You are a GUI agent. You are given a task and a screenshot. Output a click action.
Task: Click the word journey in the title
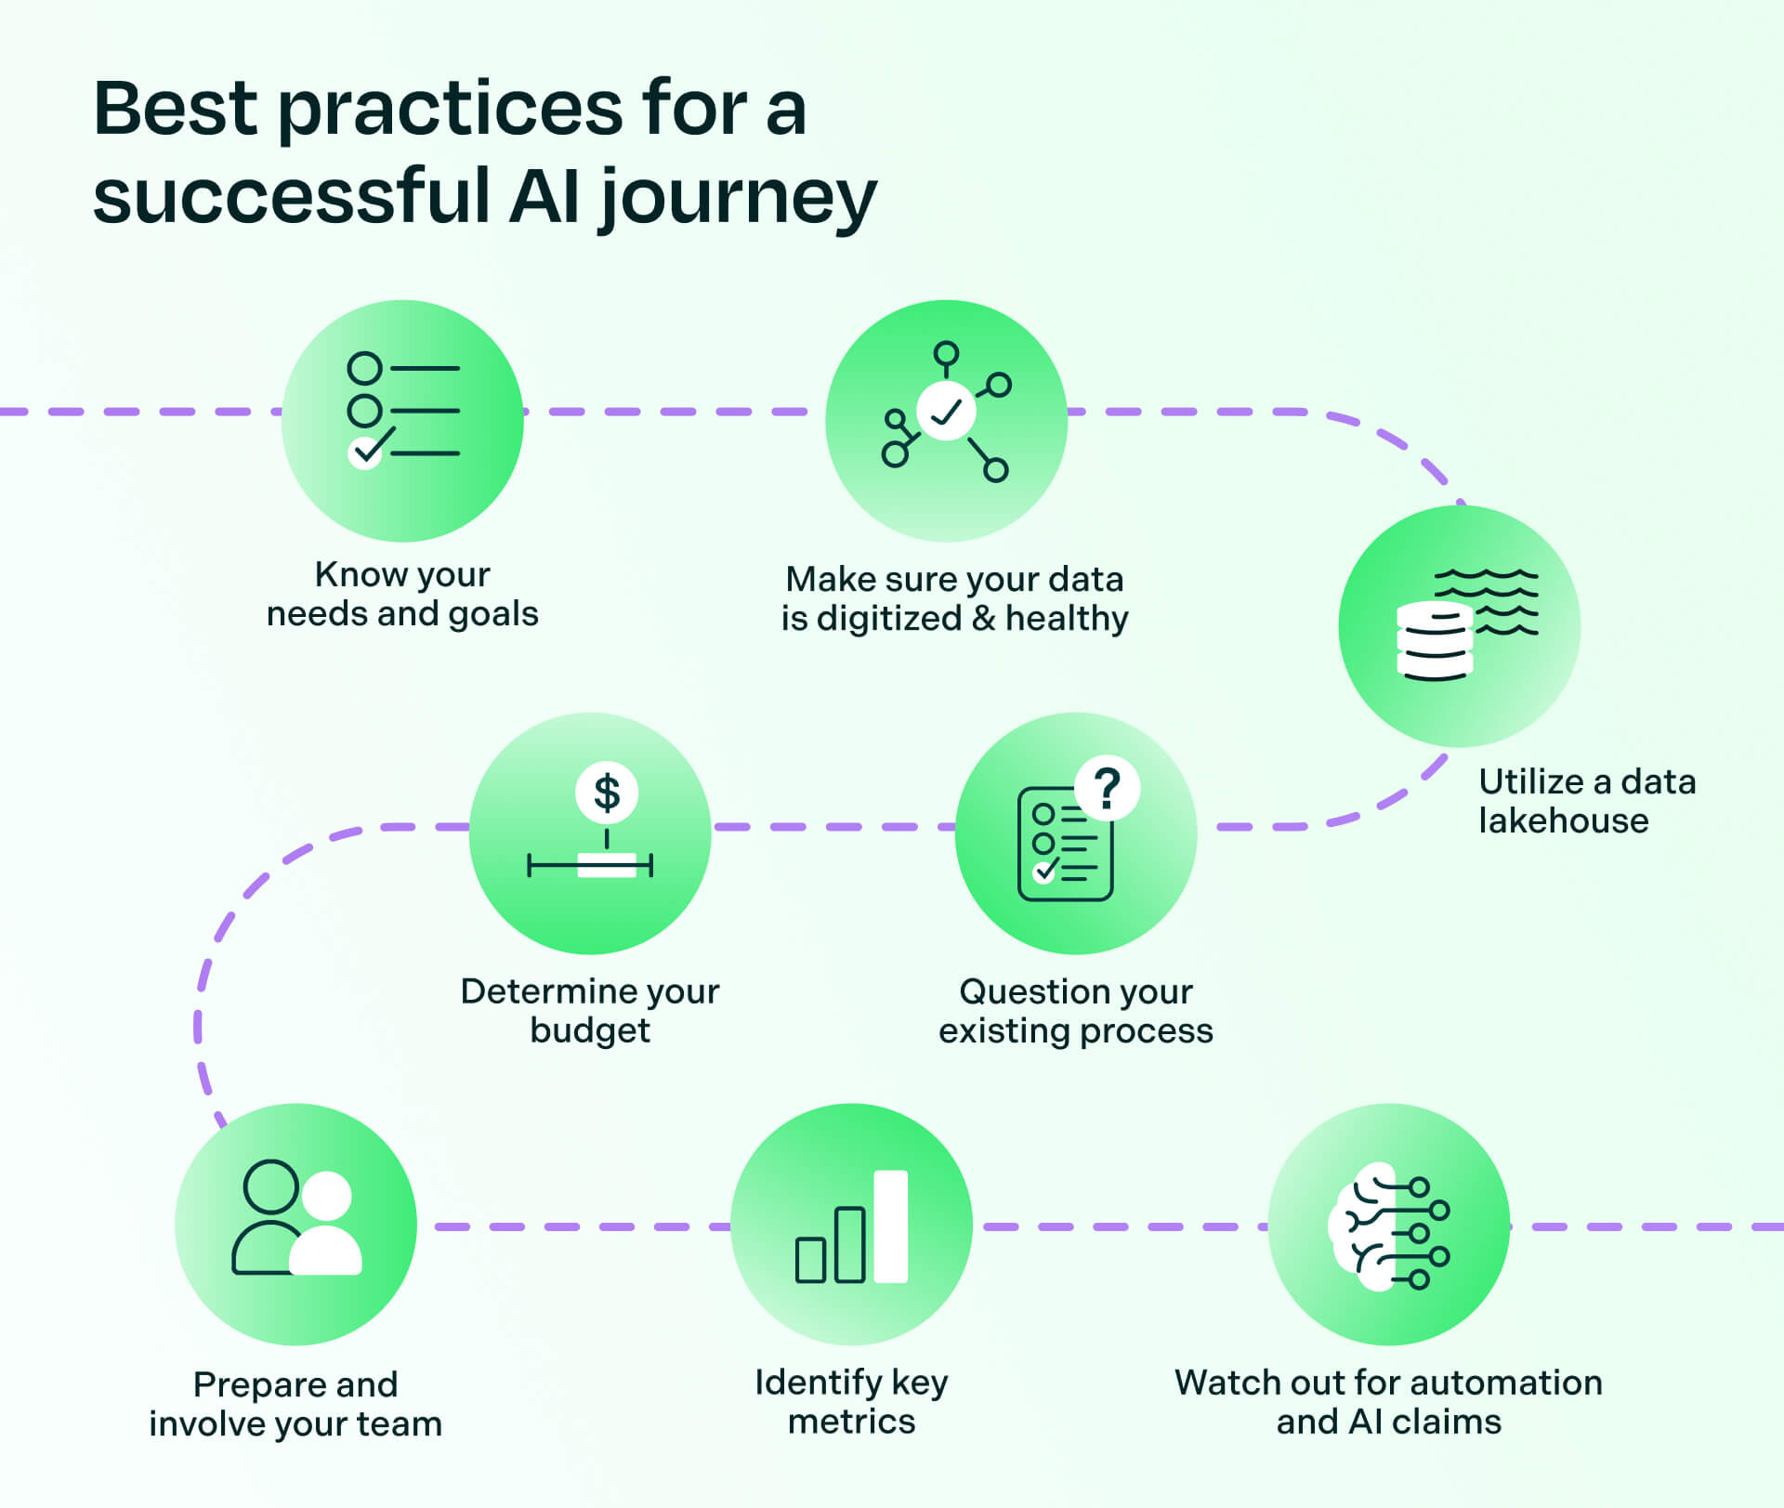pyautogui.click(x=738, y=198)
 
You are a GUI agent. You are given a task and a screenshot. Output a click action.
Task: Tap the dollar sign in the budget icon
pyautogui.click(x=607, y=793)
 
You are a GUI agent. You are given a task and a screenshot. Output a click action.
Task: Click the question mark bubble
pyautogui.click(x=1107, y=789)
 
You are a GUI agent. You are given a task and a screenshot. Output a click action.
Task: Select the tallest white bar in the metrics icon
pyautogui.click(x=890, y=1226)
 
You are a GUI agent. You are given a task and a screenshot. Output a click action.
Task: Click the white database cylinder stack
pyautogui.click(x=1434, y=641)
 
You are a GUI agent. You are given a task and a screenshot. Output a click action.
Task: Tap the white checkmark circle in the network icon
pyautogui.click(x=946, y=411)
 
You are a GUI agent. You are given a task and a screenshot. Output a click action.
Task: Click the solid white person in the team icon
pyautogui.click(x=326, y=1226)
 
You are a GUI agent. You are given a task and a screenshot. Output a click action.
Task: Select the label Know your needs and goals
pyautogui.click(x=402, y=594)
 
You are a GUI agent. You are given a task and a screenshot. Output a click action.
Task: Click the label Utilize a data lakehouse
pyautogui.click(x=1586, y=801)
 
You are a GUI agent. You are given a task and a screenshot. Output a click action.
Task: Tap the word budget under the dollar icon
pyautogui.click(x=590, y=1030)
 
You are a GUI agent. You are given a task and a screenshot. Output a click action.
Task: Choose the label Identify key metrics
pyautogui.click(x=851, y=1401)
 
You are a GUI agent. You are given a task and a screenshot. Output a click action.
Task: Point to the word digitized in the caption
pyautogui.click(x=888, y=618)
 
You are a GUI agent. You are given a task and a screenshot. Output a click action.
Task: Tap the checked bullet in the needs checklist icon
pyautogui.click(x=365, y=452)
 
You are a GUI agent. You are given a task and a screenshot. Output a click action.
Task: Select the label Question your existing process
pyautogui.click(x=1076, y=1011)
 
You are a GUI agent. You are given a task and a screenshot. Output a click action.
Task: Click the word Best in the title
pyautogui.click(x=175, y=109)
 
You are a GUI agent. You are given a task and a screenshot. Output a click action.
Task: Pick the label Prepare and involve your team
pyautogui.click(x=295, y=1404)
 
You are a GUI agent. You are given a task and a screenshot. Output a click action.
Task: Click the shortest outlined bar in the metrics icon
pyautogui.click(x=810, y=1260)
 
